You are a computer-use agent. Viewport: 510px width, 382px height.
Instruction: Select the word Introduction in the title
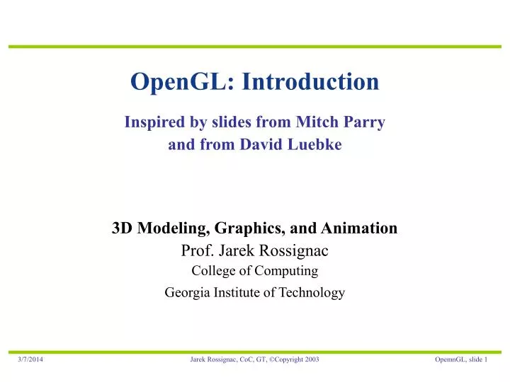tap(310, 82)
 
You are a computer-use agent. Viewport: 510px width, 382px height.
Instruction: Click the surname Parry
tap(363, 122)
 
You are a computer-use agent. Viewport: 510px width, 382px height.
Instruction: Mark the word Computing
tap(288, 271)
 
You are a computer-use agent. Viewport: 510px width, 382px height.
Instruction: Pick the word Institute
tap(237, 292)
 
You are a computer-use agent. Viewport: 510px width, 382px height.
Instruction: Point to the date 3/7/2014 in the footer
tap(30, 360)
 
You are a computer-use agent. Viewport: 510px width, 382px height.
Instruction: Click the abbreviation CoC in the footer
tap(237, 360)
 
